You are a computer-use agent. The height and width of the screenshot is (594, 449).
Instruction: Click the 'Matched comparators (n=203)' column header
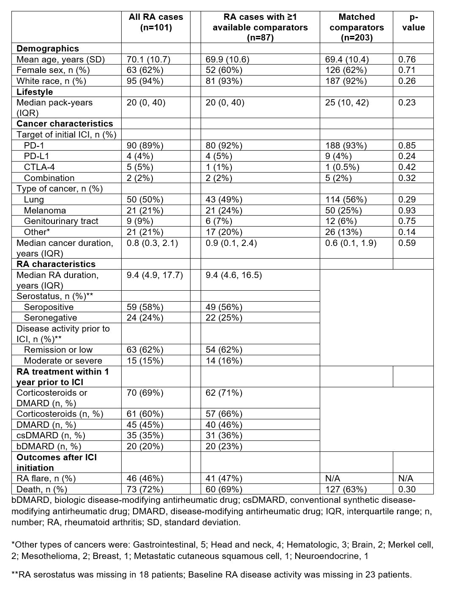356,27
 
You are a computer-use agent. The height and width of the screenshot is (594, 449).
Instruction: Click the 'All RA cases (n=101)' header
156,22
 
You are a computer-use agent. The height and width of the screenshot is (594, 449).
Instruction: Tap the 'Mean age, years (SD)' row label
60,59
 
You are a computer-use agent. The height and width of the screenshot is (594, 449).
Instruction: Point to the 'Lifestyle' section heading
35,92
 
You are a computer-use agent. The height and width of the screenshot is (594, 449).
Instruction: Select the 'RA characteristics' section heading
56,264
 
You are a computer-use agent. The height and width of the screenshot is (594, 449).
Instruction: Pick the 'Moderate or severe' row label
63,361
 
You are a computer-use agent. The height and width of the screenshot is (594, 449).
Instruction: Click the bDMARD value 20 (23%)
224,446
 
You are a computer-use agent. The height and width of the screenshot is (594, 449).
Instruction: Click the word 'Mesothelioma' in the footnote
44,556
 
